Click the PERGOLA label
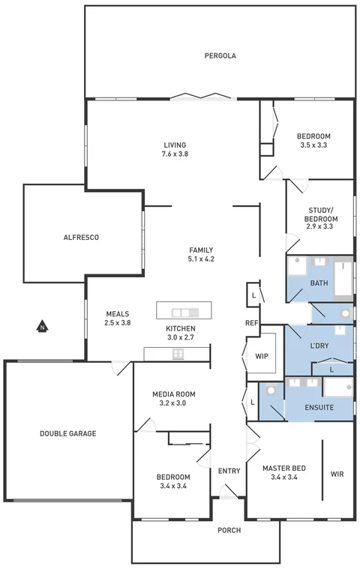(220, 55)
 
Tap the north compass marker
(43, 326)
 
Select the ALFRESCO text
(81, 237)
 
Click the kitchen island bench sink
(183, 312)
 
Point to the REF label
(251, 323)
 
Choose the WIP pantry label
(262, 356)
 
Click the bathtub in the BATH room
(343, 276)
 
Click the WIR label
(337, 474)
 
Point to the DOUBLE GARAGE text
(67, 433)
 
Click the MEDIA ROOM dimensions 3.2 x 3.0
(173, 403)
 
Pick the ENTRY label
(229, 471)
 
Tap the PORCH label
(229, 530)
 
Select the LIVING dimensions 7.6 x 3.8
(175, 154)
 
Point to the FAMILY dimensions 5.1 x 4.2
(201, 259)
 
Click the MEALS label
(118, 314)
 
